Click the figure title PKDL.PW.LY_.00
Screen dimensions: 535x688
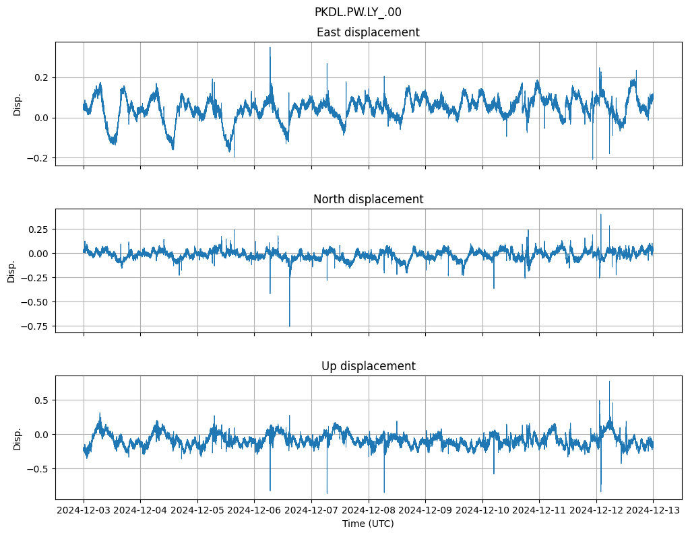click(x=358, y=12)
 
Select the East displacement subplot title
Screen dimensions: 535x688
click(x=368, y=32)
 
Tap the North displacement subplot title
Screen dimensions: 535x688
click(x=368, y=199)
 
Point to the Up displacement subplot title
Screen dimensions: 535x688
click(x=368, y=366)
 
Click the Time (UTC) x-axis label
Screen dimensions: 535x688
click(x=368, y=523)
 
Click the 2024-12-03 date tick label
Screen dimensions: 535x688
click(x=84, y=511)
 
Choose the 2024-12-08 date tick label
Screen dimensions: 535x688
click(x=368, y=511)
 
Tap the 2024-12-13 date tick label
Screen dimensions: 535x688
click(x=652, y=511)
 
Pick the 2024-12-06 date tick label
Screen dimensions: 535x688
click(x=254, y=511)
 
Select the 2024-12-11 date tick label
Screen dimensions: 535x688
click(x=539, y=511)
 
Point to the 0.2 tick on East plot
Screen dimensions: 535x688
click(x=42, y=77)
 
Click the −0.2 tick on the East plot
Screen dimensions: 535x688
click(x=40, y=158)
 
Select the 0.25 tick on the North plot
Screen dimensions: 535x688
click(x=39, y=229)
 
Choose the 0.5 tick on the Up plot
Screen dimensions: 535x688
click(x=42, y=400)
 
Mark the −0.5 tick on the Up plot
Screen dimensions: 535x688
click(x=40, y=469)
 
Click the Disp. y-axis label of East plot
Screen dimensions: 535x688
click(x=18, y=104)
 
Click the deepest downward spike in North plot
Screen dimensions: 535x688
click(x=290, y=325)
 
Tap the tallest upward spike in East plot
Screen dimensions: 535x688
click(x=270, y=48)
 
